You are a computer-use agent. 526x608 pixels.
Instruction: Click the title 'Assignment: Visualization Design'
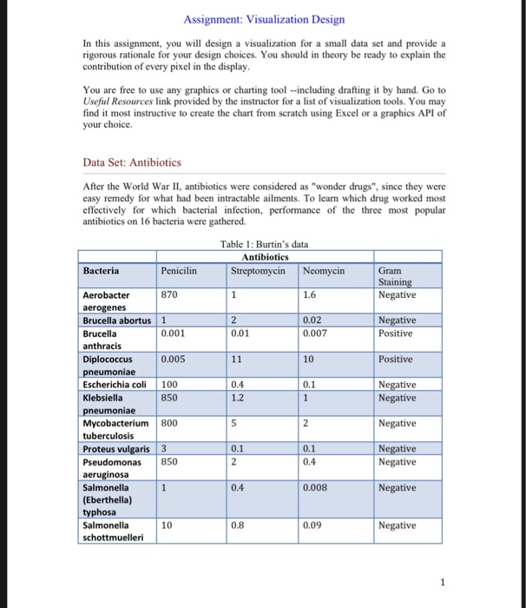point(264,19)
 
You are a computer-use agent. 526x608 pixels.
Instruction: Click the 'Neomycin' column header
point(325,270)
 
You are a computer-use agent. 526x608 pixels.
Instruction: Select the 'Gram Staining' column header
point(396,276)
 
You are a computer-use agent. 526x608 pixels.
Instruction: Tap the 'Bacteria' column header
point(102,270)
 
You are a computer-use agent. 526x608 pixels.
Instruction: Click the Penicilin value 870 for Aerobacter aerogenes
point(171,295)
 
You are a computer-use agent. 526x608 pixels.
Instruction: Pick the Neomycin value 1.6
point(311,295)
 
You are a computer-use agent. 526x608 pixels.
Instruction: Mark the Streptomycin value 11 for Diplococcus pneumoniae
point(237,359)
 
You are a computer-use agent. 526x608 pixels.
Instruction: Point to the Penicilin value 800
point(171,423)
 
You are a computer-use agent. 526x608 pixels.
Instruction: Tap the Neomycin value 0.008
point(318,487)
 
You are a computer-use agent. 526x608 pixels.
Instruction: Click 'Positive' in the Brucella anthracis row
point(397,334)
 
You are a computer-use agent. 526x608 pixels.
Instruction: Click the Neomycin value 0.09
point(314,525)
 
